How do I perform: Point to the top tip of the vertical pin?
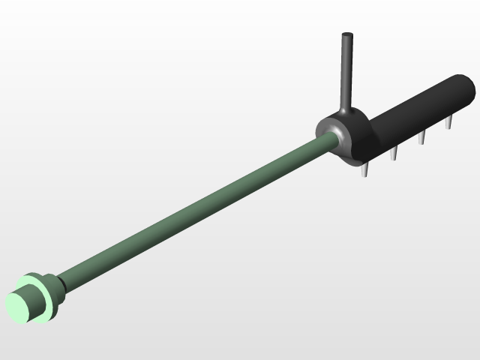click(x=346, y=35)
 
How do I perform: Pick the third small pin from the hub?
click(x=422, y=137)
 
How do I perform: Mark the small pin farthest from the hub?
click(x=449, y=122)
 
